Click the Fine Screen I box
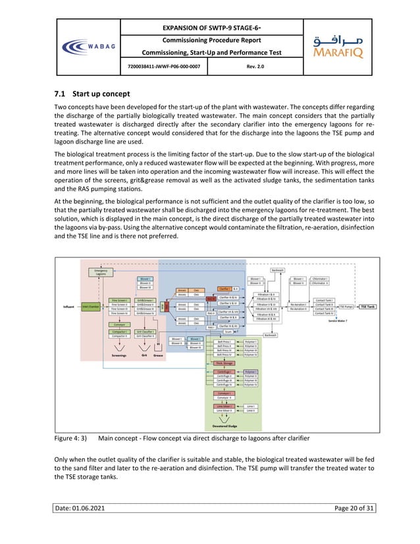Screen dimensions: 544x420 click(x=118, y=300)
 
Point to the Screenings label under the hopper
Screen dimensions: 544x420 click(x=119, y=354)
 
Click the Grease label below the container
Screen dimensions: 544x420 click(x=158, y=354)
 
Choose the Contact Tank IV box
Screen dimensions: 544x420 click(x=325, y=313)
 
